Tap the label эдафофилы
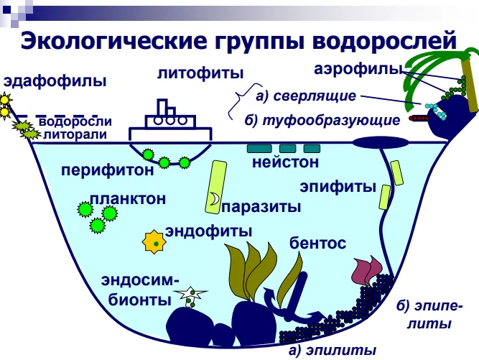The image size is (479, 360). pyautogui.click(x=55, y=81)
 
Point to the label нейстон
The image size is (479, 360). pyautogui.click(x=285, y=162)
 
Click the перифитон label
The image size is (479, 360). pyautogui.click(x=108, y=170)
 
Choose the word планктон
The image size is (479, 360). pyautogui.click(x=128, y=199)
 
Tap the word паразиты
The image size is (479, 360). pyautogui.click(x=261, y=207)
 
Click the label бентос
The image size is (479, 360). pyautogui.click(x=317, y=243)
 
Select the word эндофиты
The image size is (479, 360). pyautogui.click(x=209, y=231)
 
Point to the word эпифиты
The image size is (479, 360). pyautogui.click(x=338, y=187)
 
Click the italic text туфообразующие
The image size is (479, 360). pyautogui.click(x=322, y=121)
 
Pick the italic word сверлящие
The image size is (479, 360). pyautogui.click(x=306, y=96)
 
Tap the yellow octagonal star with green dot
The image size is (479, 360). pyautogui.click(x=154, y=242)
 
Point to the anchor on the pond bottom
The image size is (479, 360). pyautogui.click(x=293, y=299)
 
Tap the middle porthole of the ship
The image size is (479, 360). pyautogui.click(x=170, y=121)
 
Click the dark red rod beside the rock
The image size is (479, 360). pyautogui.click(x=419, y=118)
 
